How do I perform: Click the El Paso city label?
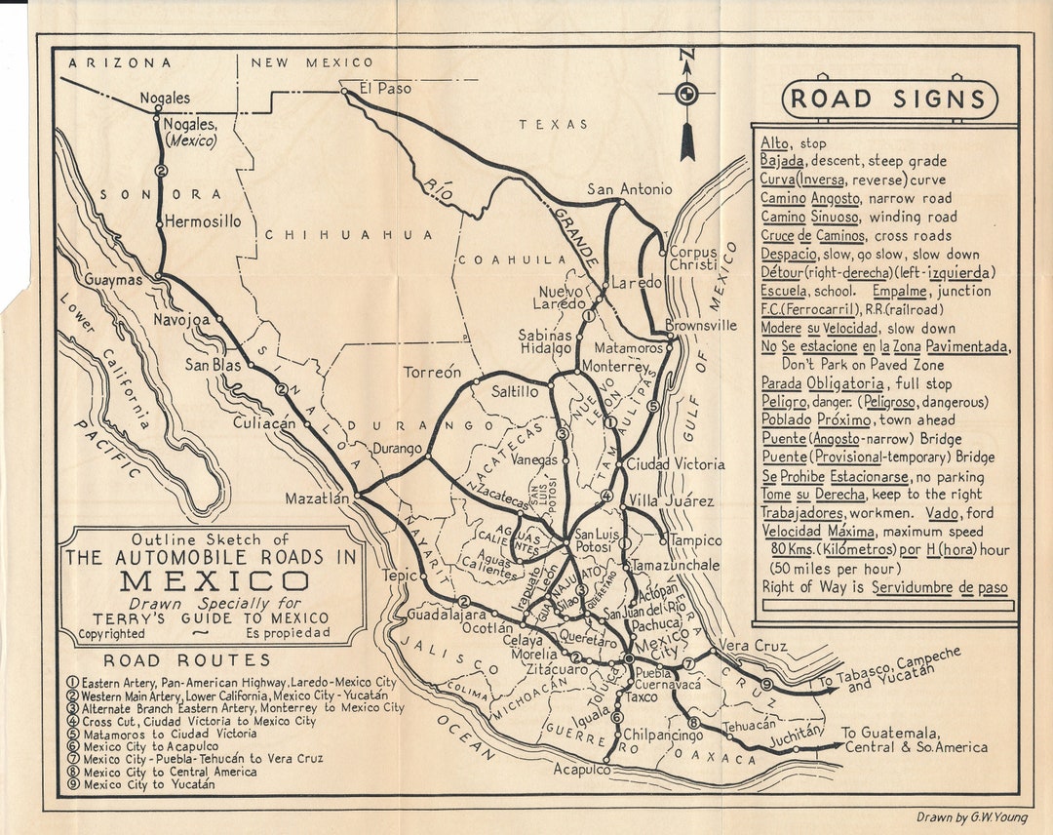[385, 88]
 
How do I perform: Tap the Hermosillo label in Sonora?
[202, 221]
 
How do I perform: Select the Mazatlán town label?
[317, 498]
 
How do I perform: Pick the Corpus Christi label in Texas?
[693, 258]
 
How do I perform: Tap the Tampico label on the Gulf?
[696, 540]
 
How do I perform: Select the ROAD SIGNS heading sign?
[889, 99]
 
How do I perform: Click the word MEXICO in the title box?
[214, 581]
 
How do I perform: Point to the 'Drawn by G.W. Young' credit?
[970, 816]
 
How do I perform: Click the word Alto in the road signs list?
[776, 142]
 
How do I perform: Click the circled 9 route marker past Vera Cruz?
[767, 684]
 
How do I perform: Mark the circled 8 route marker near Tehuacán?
[693, 723]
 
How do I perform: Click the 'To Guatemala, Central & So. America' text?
[914, 740]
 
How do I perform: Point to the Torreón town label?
[432, 372]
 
